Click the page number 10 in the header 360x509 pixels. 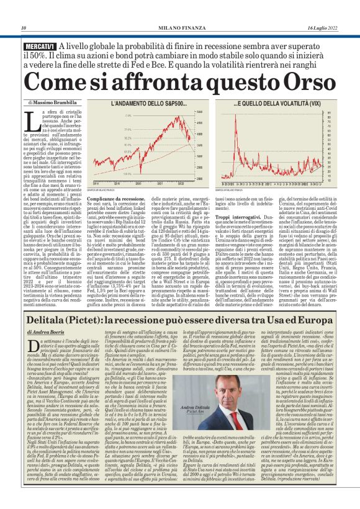click(x=23, y=27)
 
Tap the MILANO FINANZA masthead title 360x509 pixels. click(x=180, y=27)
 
